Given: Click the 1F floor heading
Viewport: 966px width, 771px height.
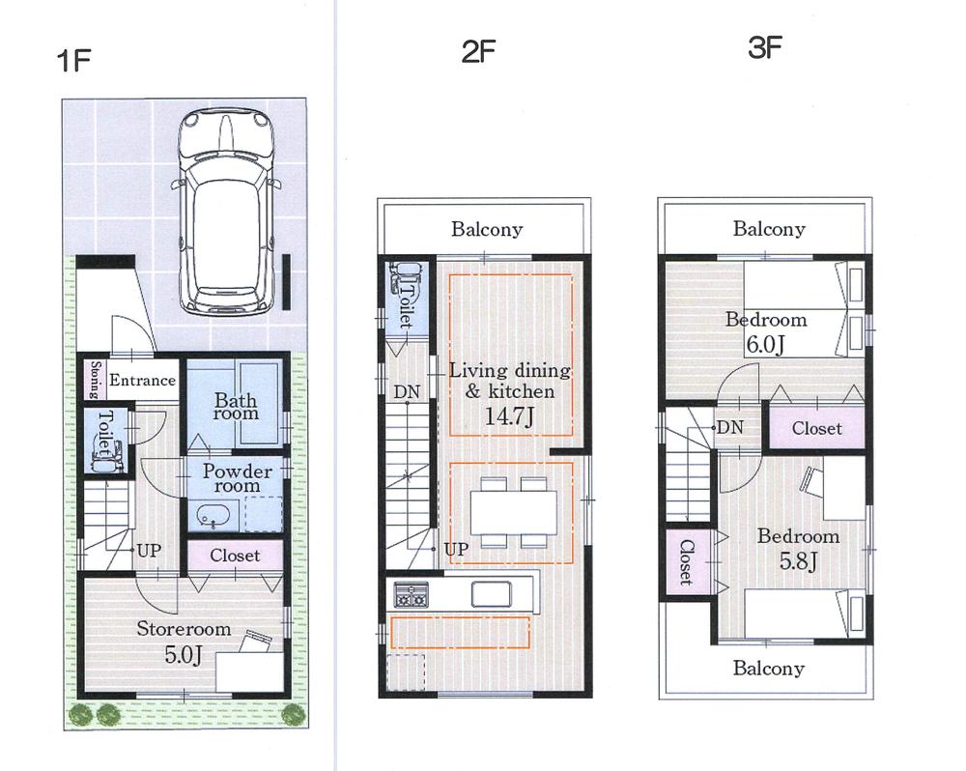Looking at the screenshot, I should coord(73,61).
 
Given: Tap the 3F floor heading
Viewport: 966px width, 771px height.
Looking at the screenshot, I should coord(765,49).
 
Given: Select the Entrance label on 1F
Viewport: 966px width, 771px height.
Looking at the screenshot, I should coord(142,381).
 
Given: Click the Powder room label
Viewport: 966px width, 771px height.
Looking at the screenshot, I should coord(236,477).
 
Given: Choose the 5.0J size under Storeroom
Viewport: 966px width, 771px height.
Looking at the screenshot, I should coord(184,654).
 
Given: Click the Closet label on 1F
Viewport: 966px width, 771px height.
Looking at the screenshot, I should coord(235,556).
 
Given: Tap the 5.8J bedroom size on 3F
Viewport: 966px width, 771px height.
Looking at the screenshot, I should coord(797,559).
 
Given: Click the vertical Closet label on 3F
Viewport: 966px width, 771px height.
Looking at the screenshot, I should coord(685,562).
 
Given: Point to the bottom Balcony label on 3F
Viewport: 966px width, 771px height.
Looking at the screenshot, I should coord(769,669).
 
